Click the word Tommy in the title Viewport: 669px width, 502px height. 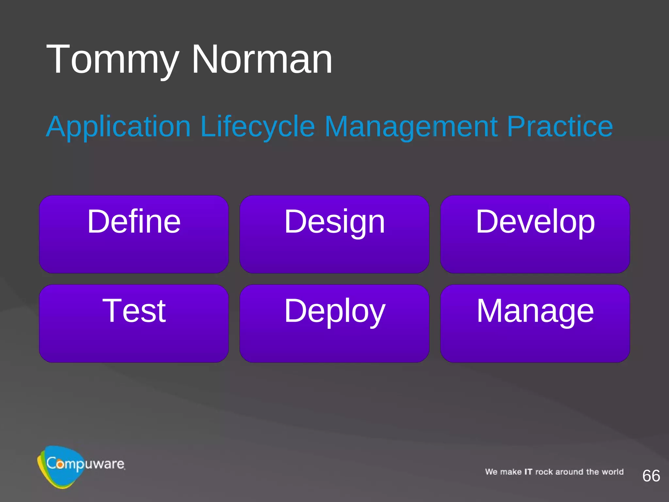113,60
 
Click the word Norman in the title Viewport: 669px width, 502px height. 262,60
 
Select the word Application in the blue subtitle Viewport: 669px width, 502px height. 118,127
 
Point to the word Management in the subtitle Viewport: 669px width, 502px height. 411,127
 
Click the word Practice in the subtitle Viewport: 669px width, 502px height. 560,127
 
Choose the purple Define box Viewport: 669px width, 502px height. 134,234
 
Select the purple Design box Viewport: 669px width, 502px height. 334,234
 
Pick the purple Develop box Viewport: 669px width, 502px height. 535,234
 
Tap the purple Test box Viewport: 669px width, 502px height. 134,323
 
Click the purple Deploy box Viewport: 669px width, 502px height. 334,323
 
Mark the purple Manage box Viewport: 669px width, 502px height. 535,323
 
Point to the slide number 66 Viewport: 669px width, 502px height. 651,476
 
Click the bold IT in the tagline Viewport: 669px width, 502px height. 528,472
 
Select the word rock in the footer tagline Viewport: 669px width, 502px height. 544,472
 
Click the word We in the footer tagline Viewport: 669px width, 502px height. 491,472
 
